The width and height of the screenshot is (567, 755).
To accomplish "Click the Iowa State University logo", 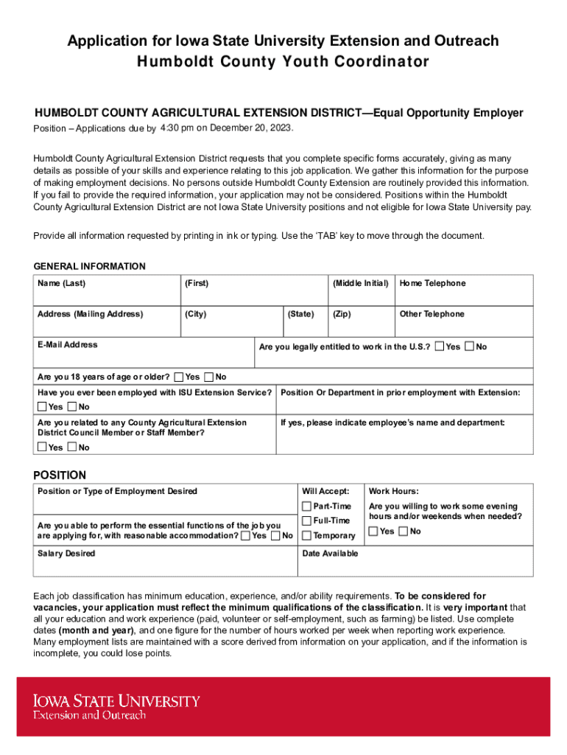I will tap(116, 706).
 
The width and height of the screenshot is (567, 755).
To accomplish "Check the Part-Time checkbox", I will tap(307, 507).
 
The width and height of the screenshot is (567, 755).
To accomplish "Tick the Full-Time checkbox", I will tap(307, 521).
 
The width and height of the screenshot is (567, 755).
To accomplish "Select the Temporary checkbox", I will tap(307, 535).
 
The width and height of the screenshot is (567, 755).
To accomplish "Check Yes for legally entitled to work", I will tap(440, 347).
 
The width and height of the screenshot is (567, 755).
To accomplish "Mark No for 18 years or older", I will tap(209, 377).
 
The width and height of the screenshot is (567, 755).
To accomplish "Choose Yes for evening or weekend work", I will tap(373, 532).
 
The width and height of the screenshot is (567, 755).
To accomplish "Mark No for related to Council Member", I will tap(72, 448).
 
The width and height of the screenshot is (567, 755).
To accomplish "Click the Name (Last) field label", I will tap(61, 283).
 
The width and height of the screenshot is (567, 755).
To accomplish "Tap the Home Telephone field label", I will tap(432, 283).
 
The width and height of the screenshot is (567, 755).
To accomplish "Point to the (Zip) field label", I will tap(342, 314).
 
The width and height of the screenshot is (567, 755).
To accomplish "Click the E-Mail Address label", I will tap(67, 344).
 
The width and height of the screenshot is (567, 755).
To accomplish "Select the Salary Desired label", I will tap(66, 553).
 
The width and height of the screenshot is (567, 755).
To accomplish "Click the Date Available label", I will tap(330, 553).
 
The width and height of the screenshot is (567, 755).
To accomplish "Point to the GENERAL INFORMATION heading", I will tap(90, 266).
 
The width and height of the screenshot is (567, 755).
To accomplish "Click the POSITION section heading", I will tap(60, 475).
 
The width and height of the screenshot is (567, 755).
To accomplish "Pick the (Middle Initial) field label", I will tap(360, 283).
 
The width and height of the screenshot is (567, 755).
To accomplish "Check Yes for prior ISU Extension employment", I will tap(42, 407).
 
